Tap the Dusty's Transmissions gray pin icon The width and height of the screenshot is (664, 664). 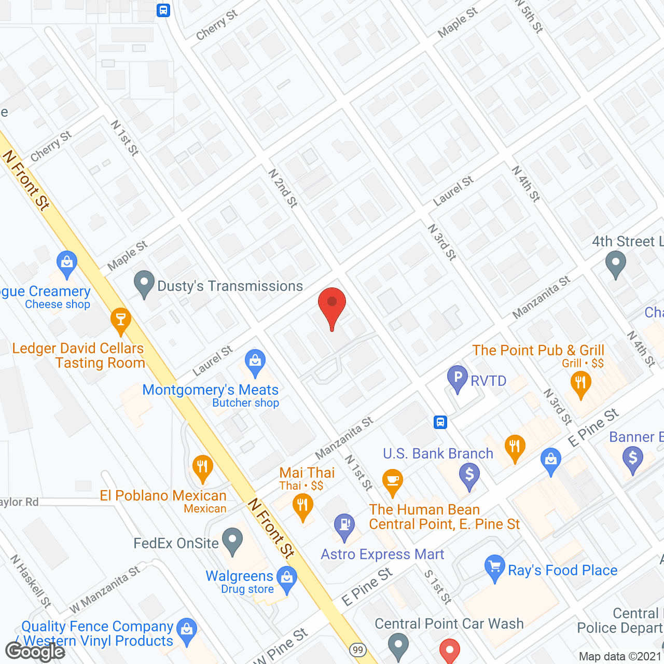(144, 284)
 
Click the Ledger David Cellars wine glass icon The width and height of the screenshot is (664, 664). (121, 321)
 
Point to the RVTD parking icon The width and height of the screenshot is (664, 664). (458, 379)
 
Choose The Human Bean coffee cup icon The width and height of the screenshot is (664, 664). (393, 482)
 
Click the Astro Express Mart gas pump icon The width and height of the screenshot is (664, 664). (344, 525)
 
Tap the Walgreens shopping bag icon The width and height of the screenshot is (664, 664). (286, 579)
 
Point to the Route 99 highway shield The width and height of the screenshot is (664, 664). (357, 650)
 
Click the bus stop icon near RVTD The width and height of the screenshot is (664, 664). (440, 422)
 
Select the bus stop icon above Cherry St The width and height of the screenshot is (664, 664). (163, 10)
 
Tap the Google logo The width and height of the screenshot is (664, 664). (35, 652)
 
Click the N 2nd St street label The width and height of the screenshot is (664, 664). (283, 188)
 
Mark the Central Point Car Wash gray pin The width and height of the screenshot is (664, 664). (398, 645)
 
